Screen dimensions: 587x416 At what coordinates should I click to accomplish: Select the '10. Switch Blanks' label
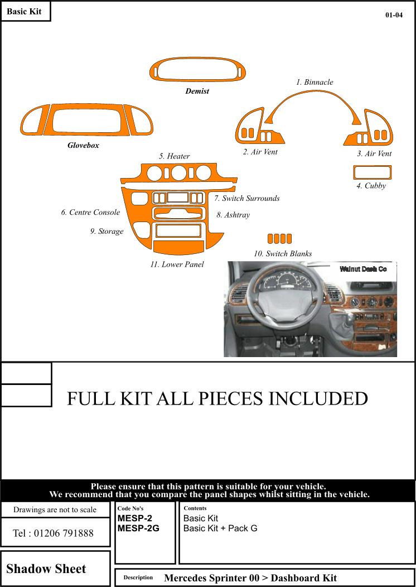click(x=283, y=253)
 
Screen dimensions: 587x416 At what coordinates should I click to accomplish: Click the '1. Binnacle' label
click(x=315, y=82)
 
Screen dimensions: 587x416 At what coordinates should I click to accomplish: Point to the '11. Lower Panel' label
click(x=177, y=264)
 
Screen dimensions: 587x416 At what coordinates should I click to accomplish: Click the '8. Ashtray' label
click(x=233, y=215)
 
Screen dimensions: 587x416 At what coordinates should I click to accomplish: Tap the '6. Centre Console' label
click(x=90, y=212)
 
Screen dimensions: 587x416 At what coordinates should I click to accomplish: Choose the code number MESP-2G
click(x=138, y=528)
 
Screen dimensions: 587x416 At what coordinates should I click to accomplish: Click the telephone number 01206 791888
click(x=53, y=533)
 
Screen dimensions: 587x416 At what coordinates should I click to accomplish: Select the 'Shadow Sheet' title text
click(x=46, y=569)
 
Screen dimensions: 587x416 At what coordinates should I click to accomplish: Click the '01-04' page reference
click(x=394, y=15)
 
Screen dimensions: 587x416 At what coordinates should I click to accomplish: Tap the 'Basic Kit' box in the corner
click(x=25, y=11)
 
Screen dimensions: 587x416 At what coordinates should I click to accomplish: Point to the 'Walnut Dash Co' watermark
click(x=363, y=269)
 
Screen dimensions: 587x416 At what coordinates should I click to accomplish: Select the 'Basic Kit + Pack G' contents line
click(x=220, y=528)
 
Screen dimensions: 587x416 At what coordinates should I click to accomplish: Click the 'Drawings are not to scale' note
click(x=55, y=509)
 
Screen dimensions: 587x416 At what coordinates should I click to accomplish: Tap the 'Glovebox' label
click(x=83, y=145)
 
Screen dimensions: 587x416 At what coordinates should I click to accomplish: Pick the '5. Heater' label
click(x=175, y=156)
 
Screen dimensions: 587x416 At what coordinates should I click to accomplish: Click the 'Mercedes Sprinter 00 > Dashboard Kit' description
click(x=250, y=578)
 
